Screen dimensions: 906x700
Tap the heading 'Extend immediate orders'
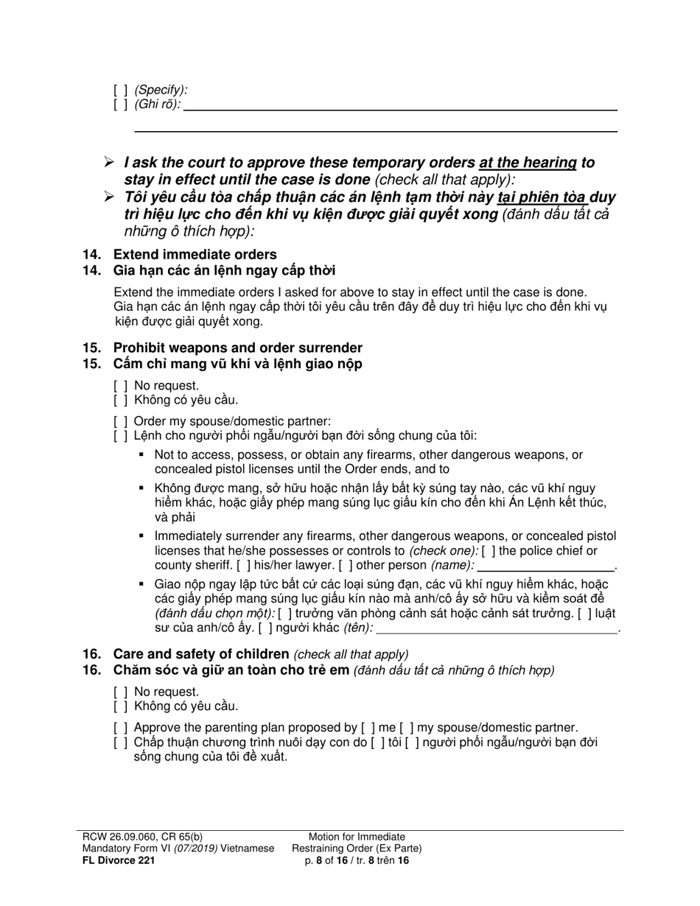[x=195, y=255]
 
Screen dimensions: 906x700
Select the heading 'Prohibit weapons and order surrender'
[x=237, y=348]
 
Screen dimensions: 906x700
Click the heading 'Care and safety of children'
[x=200, y=654]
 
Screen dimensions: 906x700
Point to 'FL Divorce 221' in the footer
[x=119, y=860]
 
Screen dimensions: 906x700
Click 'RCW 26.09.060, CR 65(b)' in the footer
[x=142, y=837]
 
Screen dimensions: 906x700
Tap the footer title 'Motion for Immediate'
[x=357, y=837]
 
